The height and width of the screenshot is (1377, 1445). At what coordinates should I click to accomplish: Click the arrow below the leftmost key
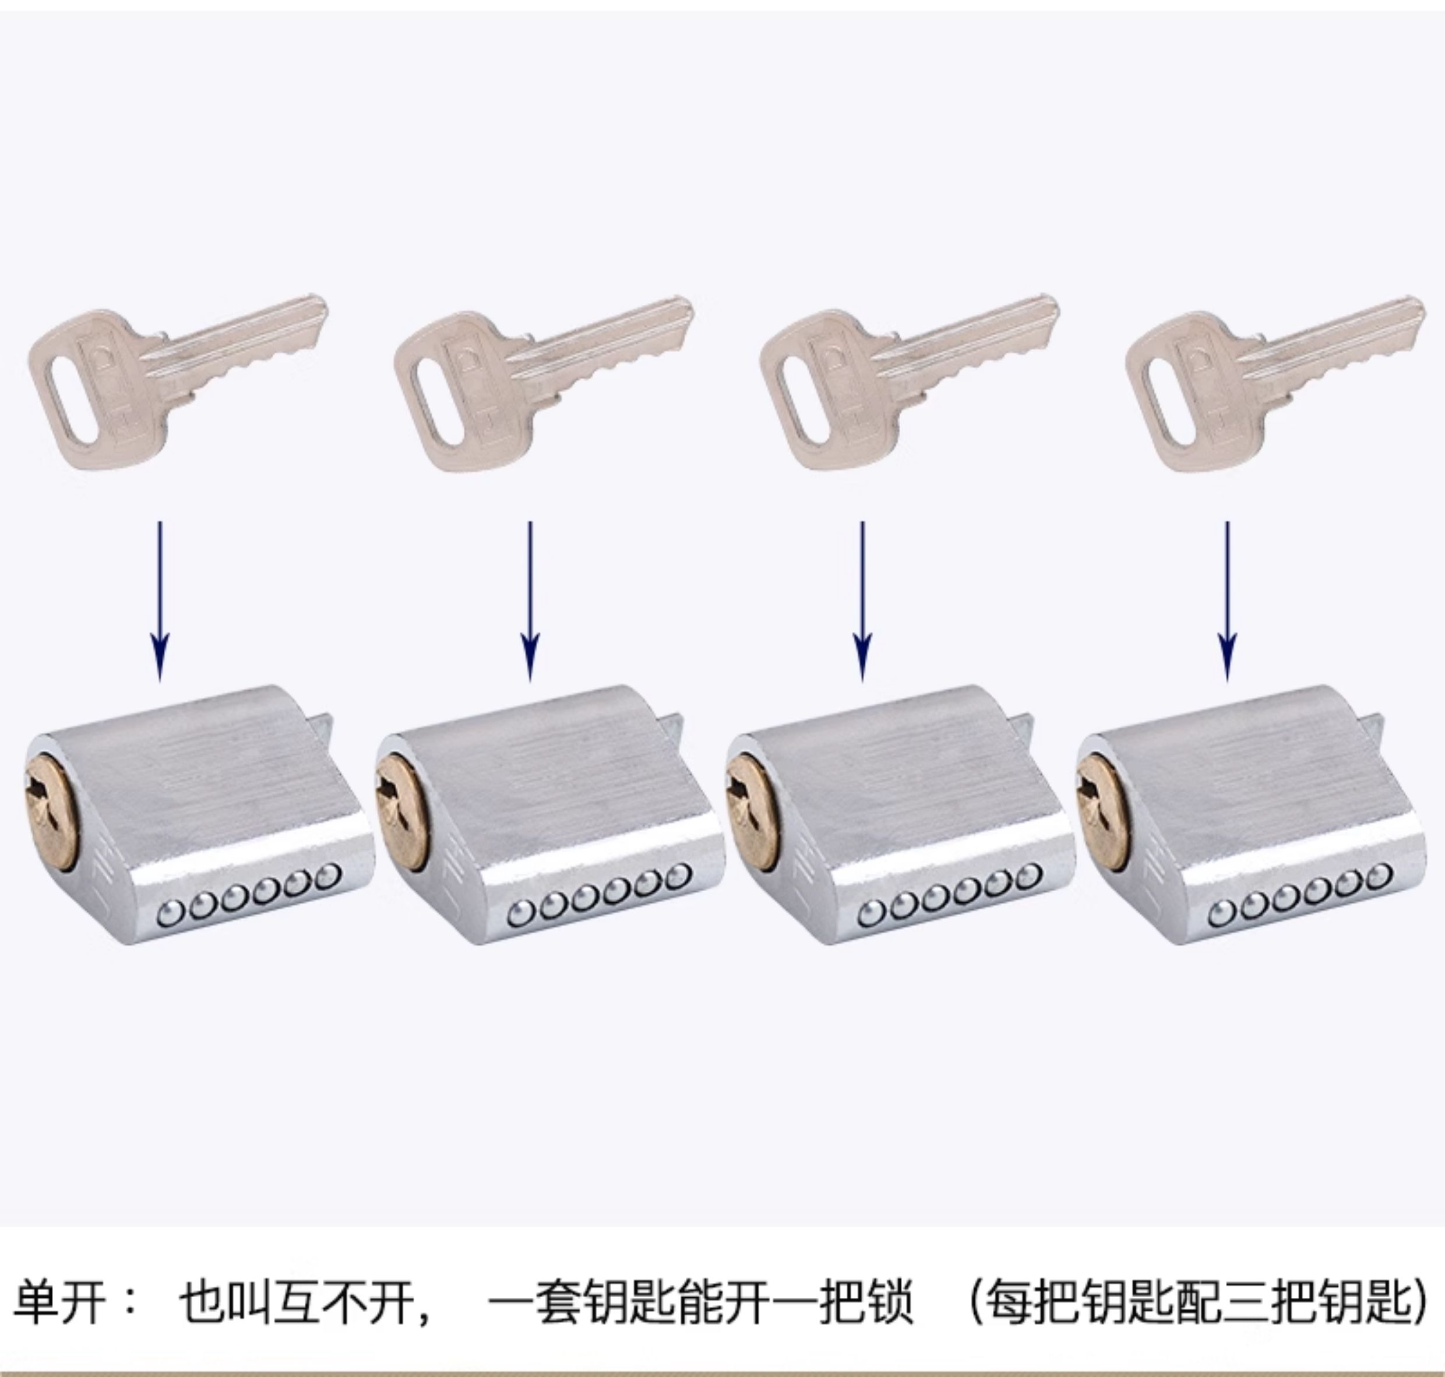pyautogui.click(x=161, y=601)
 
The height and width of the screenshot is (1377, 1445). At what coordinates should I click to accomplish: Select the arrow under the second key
pyautogui.click(x=530, y=601)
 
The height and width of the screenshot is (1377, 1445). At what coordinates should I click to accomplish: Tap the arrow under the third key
pyautogui.click(x=863, y=601)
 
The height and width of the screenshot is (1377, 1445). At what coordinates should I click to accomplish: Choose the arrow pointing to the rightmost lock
pyautogui.click(x=1227, y=601)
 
